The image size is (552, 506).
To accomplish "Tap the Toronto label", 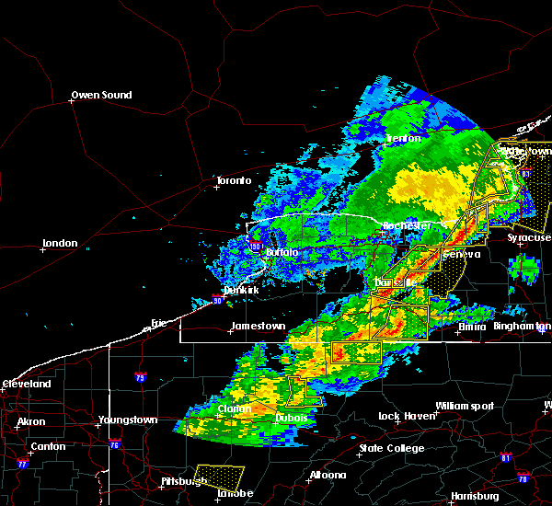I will (233, 180).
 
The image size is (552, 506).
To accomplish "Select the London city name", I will (59, 244).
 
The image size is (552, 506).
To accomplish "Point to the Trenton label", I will (403, 138).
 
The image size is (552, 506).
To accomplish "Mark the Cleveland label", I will (26, 383).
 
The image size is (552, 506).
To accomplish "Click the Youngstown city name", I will (127, 420).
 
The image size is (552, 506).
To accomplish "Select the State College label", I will (392, 448).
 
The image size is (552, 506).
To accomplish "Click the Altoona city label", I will (328, 475).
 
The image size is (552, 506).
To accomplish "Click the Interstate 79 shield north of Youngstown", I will (140, 376).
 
